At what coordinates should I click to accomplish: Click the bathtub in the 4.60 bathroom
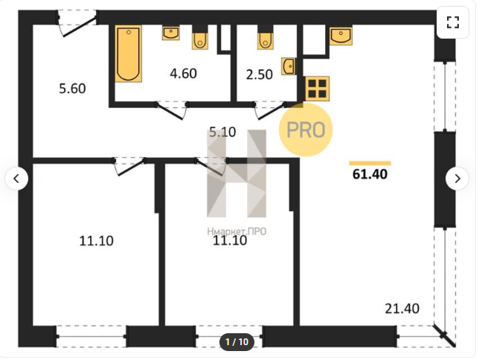click(129, 54)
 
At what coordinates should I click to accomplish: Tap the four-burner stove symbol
click(317, 89)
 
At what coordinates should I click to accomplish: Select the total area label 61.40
click(370, 174)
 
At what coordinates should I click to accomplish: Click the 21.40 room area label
click(402, 309)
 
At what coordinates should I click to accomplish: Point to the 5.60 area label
click(72, 89)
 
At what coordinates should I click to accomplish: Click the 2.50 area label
click(259, 74)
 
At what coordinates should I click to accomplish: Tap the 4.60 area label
click(183, 74)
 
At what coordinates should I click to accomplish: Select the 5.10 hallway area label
click(222, 132)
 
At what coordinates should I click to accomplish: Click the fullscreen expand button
click(453, 22)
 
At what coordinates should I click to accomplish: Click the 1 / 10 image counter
click(237, 342)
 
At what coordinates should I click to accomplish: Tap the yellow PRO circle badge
click(306, 129)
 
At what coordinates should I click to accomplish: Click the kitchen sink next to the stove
click(341, 36)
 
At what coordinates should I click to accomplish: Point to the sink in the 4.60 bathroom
click(171, 33)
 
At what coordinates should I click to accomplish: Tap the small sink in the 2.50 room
click(289, 66)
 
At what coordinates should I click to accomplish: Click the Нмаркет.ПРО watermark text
click(237, 231)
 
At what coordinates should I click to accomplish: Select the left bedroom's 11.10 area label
click(96, 241)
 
